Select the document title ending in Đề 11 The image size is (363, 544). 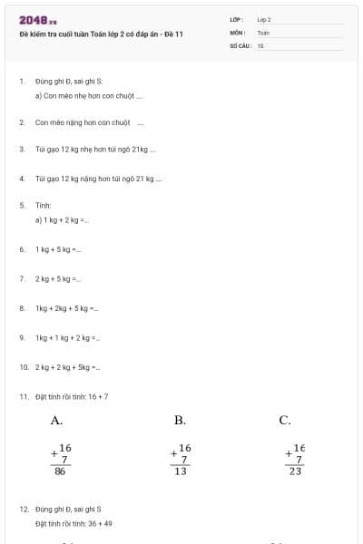click(x=101, y=34)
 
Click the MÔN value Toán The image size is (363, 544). click(x=263, y=33)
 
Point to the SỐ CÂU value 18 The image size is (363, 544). click(x=260, y=44)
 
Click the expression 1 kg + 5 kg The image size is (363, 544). click(x=58, y=248)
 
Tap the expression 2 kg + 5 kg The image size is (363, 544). click(x=58, y=278)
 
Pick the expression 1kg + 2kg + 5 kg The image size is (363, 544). click(x=66, y=308)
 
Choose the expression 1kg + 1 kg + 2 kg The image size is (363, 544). click(x=67, y=337)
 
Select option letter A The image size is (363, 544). click(x=56, y=420)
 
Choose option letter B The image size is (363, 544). click(x=180, y=420)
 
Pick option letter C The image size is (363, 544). click(x=285, y=420)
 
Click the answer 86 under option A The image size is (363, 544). click(x=60, y=471)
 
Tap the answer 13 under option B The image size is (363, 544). click(x=181, y=471)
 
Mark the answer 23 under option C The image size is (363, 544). click(x=296, y=471)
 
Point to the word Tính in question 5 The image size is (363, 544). click(x=44, y=206)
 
